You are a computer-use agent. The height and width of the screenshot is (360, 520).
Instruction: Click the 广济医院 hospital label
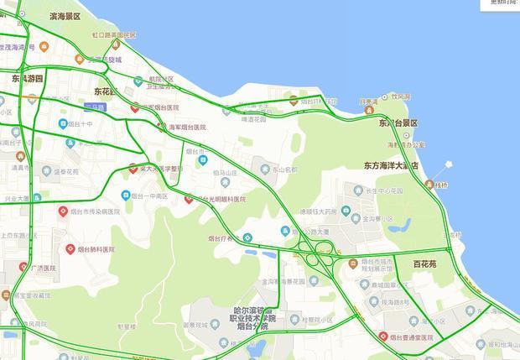(x=42, y=269)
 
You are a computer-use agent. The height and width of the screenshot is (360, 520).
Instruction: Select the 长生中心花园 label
(x=385, y=191)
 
